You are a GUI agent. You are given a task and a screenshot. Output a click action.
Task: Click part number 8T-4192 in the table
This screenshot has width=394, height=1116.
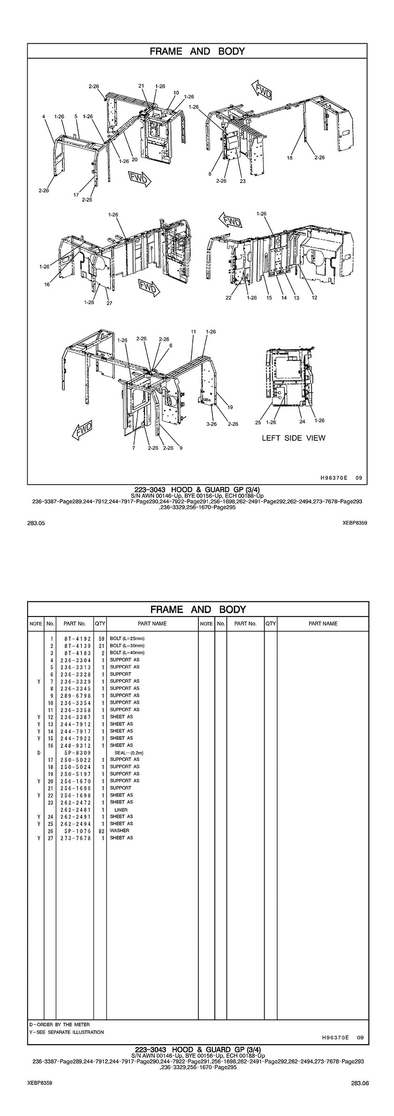pos(75,639)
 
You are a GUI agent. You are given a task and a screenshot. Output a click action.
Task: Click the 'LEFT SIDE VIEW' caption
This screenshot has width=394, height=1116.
pos(293,438)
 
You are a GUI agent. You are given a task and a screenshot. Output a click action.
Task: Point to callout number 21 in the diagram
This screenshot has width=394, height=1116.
pos(141,86)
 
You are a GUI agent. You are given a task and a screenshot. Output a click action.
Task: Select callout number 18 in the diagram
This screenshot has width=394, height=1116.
pos(289,158)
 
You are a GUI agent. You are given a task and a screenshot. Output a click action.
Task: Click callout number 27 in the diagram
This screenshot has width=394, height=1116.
pos(109,303)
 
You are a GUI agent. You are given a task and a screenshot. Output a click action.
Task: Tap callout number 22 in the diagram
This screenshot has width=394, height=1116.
pos(228,298)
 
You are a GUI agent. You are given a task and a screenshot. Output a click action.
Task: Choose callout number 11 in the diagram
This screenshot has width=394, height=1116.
pos(193,331)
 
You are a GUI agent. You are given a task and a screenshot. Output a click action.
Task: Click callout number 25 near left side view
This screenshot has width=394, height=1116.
pos(258,422)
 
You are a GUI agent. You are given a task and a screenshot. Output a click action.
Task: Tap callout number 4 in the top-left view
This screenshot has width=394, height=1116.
pos(43,116)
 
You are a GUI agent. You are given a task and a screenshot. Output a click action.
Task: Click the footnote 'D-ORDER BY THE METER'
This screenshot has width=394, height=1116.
pos(59,1024)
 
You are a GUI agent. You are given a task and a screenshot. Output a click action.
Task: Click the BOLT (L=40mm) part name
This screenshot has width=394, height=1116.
pos(127,653)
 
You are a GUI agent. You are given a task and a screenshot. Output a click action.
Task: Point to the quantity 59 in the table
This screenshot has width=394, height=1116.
pos(101,639)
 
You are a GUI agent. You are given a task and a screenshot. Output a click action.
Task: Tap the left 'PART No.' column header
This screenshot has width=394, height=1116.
pos(75,623)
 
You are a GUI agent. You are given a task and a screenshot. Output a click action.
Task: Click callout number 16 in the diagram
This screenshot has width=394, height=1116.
pos(47,284)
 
